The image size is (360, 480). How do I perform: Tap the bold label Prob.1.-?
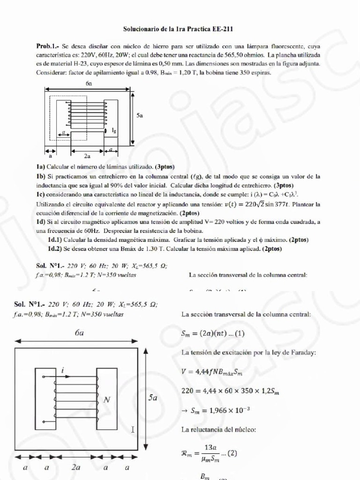(x=47, y=46)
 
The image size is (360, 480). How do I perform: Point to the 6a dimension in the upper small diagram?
(x=89, y=83)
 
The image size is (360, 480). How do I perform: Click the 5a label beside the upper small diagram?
(x=140, y=115)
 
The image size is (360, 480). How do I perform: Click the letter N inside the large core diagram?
(x=107, y=400)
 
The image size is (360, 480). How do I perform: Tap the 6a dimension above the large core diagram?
(x=79, y=334)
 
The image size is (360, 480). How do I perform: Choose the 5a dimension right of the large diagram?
(x=153, y=397)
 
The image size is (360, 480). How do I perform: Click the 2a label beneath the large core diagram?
(x=76, y=467)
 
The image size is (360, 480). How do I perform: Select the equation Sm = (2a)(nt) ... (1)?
(x=213, y=334)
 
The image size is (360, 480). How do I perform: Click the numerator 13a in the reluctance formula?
(x=210, y=448)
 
